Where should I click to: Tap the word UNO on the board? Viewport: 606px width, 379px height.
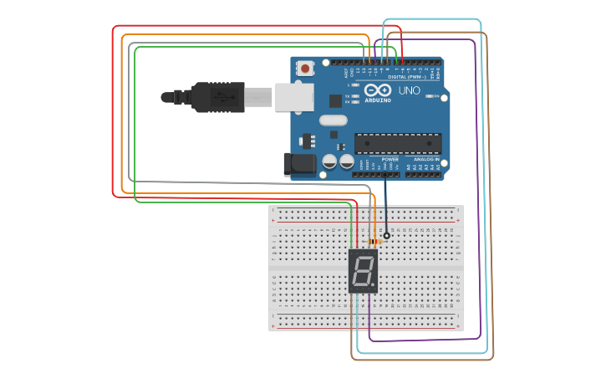[x=410, y=90]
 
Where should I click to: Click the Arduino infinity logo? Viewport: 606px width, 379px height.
[x=378, y=90]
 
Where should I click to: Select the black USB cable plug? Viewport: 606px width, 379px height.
[x=217, y=97]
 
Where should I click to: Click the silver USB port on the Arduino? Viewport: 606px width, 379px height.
[x=293, y=98]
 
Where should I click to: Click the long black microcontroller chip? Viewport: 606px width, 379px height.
[x=397, y=143]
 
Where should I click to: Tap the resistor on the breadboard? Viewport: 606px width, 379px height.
[x=374, y=241]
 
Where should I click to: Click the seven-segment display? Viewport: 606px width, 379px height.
[x=363, y=270]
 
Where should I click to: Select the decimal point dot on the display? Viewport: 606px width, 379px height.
[x=373, y=284]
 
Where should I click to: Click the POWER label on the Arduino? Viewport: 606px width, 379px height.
[x=390, y=159]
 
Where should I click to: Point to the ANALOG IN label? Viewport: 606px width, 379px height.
[x=425, y=159]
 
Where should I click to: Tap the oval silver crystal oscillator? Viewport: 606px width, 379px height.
[x=332, y=120]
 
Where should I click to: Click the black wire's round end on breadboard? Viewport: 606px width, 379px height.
[x=386, y=236]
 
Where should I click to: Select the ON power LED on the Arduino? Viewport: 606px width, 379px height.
[x=432, y=96]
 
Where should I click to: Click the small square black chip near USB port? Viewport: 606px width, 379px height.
[x=335, y=100]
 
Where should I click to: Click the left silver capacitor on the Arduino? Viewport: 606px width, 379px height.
[x=330, y=160]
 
